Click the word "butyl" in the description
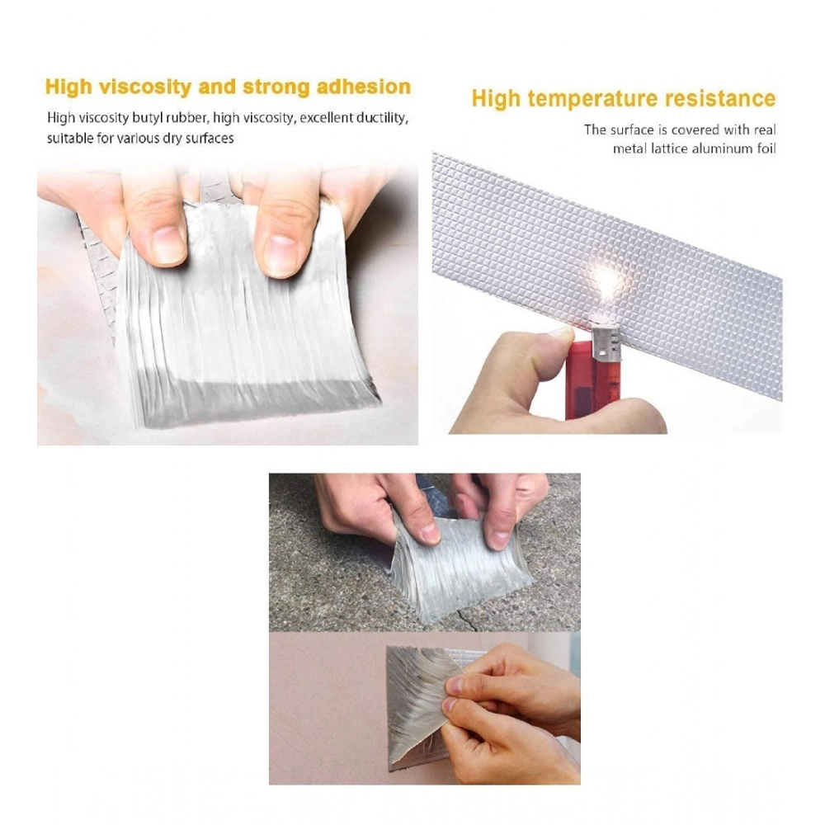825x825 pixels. (x=155, y=118)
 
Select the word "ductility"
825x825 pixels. (x=382, y=118)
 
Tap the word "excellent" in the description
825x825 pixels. (x=328, y=118)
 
